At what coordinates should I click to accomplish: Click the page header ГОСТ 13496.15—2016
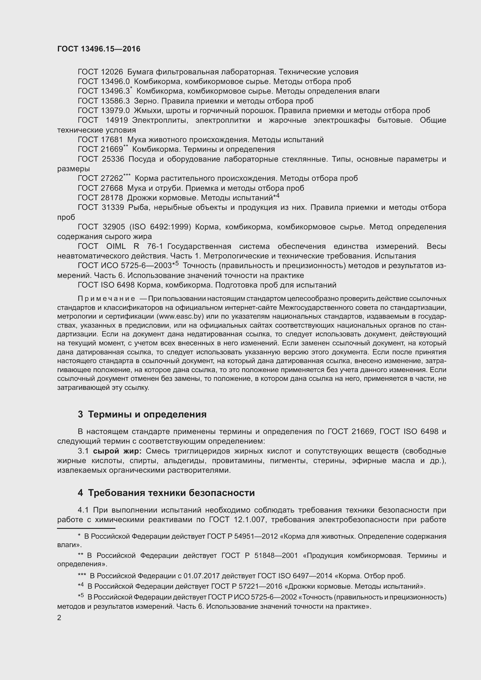click(x=99, y=49)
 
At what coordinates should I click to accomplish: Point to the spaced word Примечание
click(x=106, y=299)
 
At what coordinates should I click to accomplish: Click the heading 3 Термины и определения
click(x=142, y=414)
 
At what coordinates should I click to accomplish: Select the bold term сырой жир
click(x=117, y=451)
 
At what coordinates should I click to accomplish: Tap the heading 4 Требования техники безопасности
click(x=166, y=493)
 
